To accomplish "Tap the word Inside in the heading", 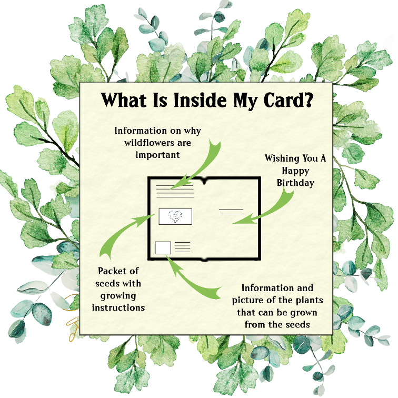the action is coord(200,100).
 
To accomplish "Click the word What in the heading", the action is coord(124,100).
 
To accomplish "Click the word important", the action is coord(157,155).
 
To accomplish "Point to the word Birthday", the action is coord(295,183).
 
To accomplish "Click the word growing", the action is coord(118,296).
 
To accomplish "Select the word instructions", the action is coord(118,307).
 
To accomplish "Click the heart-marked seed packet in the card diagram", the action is coord(175,216).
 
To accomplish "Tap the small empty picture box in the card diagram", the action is coord(163,248).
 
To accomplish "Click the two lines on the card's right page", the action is coord(231,212).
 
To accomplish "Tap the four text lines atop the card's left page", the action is coord(175,191).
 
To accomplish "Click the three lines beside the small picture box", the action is coord(182,247).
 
